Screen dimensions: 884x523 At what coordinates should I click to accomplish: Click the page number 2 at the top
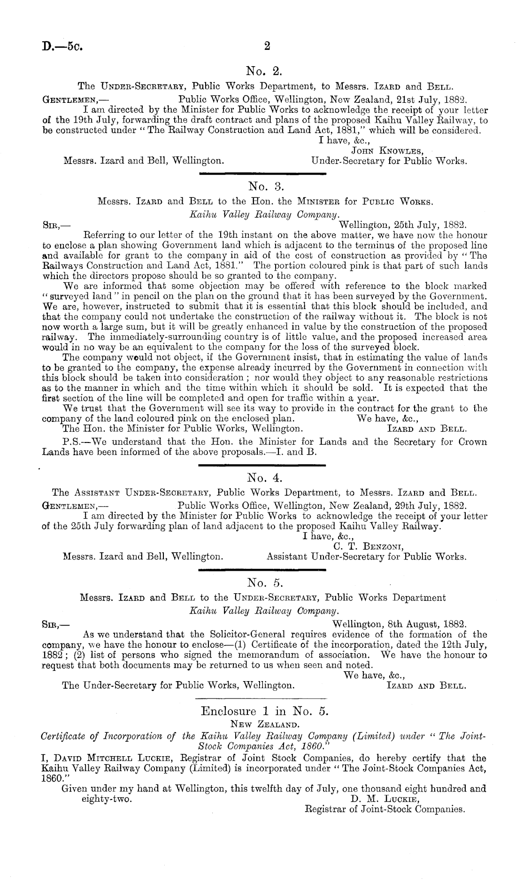click(x=267, y=47)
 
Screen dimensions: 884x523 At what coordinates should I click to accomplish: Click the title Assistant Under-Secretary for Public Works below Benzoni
click(x=366, y=557)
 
